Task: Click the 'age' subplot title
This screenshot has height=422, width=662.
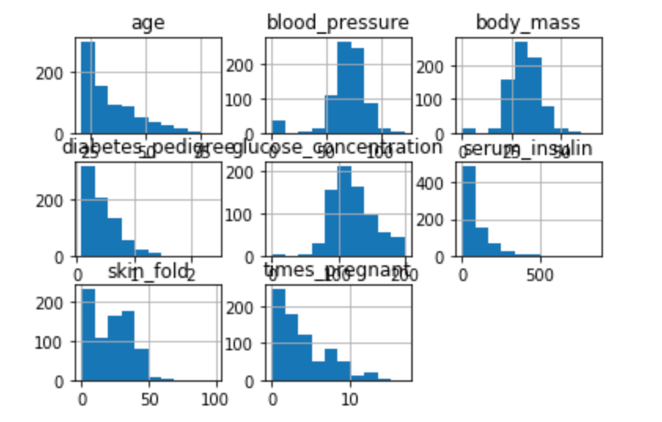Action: [x=148, y=23]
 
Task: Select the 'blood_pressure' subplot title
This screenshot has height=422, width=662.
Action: [x=338, y=23]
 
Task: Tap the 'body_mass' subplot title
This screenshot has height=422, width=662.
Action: [x=528, y=23]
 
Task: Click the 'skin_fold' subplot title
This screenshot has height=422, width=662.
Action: [x=149, y=272]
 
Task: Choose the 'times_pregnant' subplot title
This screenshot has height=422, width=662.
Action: [x=338, y=272]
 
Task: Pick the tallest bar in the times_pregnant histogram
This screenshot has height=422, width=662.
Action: [x=278, y=335]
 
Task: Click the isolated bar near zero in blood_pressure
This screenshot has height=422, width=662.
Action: [x=278, y=127]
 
